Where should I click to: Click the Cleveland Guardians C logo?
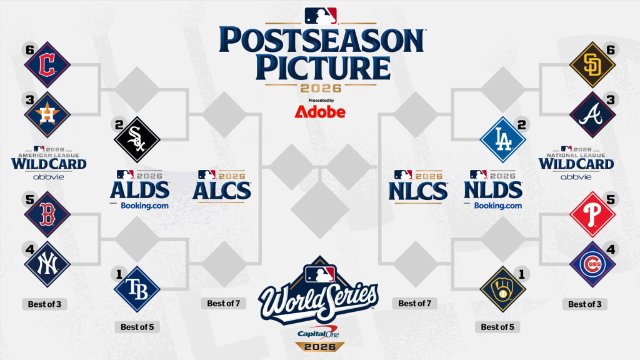(x=47, y=64)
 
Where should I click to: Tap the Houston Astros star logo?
(x=47, y=115)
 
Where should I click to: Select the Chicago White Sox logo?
(x=137, y=139)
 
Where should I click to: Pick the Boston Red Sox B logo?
(x=47, y=214)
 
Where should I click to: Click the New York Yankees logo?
(x=47, y=264)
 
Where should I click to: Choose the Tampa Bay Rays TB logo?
(x=137, y=289)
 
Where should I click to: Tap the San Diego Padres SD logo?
(x=592, y=64)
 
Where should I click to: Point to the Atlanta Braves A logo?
(x=592, y=115)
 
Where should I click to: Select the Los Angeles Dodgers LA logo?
(x=503, y=139)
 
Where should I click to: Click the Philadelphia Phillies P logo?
(x=592, y=214)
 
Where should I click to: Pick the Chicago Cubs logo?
(x=592, y=264)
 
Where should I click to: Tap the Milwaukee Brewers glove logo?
(x=503, y=289)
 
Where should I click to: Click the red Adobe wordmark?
(x=320, y=112)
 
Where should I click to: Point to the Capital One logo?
(x=318, y=333)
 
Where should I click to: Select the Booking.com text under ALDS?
(x=144, y=206)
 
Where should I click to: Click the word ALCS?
(x=222, y=191)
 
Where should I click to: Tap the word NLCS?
(x=418, y=191)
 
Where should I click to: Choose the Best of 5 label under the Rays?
(x=137, y=327)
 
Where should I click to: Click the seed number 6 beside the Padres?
(x=611, y=50)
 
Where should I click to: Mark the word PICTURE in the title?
(x=323, y=67)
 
